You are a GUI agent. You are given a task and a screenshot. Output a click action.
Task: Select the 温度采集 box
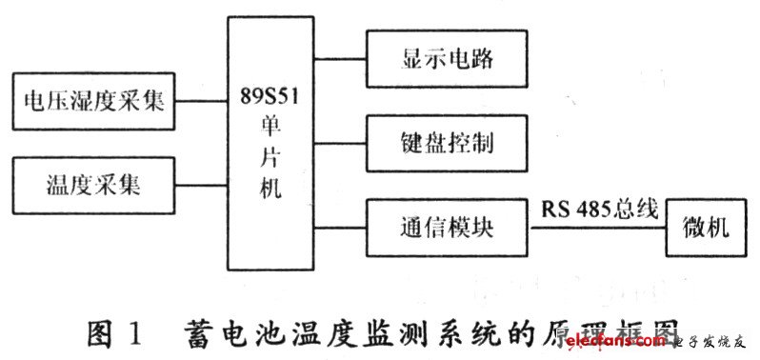point(92,184)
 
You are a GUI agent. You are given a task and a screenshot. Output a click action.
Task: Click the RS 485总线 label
point(599,210)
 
